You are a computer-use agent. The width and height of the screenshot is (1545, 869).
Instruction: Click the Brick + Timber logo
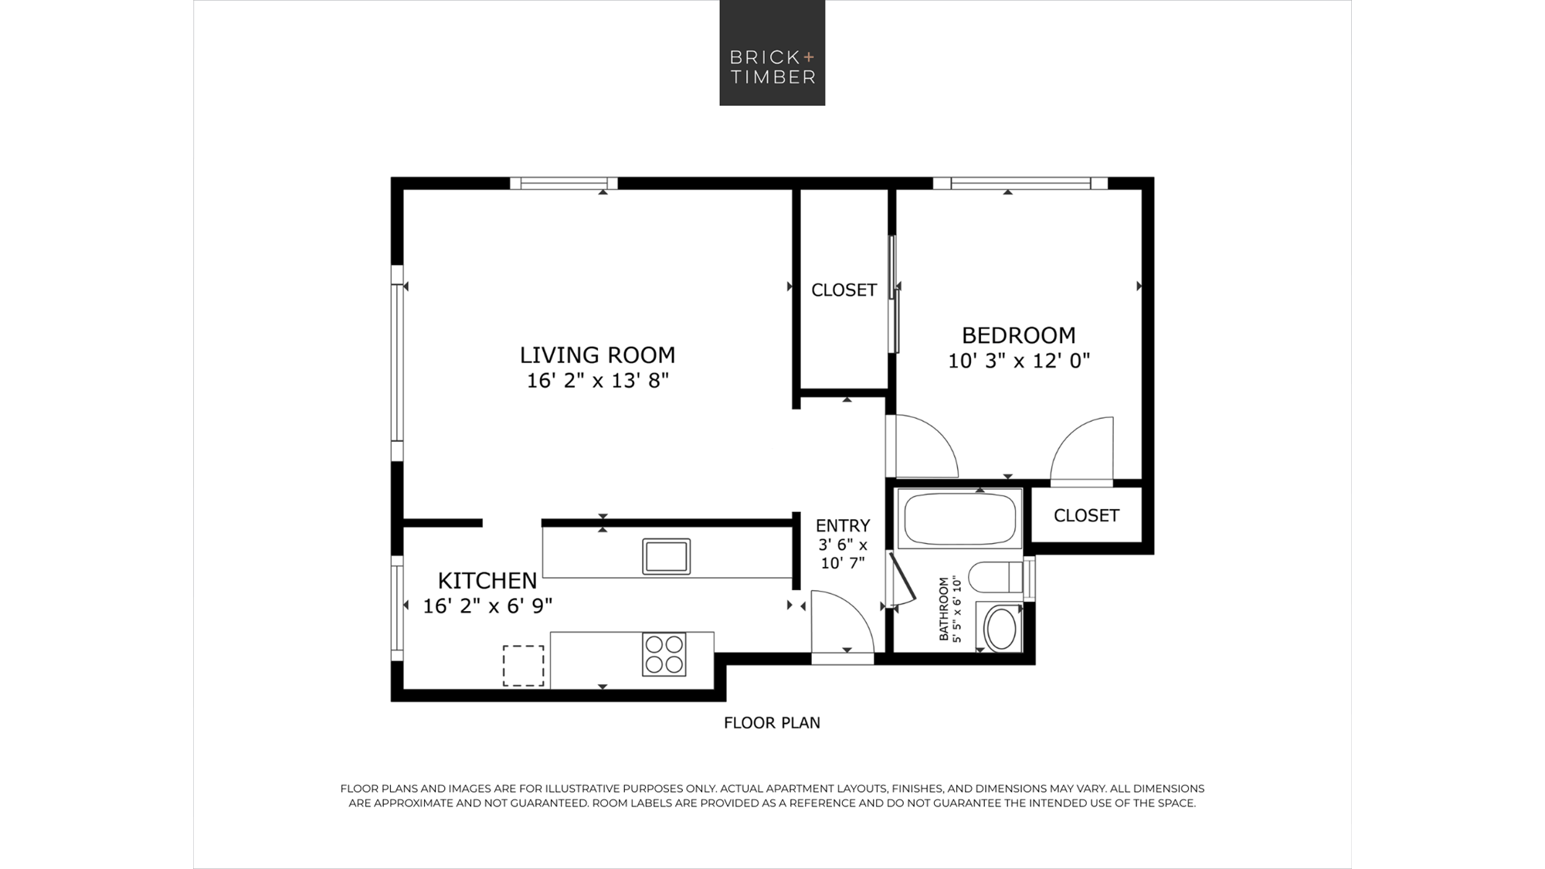tap(772, 53)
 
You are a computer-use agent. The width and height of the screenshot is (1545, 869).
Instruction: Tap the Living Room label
tap(597, 355)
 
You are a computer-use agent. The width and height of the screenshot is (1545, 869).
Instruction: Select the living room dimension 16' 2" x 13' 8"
tap(597, 381)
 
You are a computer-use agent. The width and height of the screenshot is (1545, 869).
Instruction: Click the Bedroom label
tap(1018, 335)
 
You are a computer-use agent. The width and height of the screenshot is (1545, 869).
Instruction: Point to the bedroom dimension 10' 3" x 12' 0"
tap(1018, 361)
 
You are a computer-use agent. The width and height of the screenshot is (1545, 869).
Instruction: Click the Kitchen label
tap(487, 580)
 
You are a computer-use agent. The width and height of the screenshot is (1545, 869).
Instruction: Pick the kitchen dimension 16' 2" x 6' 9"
tap(487, 606)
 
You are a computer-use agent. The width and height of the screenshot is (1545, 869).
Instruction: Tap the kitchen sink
tap(666, 556)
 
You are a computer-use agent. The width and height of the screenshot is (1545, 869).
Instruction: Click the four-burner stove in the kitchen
tap(664, 654)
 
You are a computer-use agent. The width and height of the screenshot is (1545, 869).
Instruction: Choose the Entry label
tap(842, 525)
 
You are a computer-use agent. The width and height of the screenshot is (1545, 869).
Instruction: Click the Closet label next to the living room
tap(844, 290)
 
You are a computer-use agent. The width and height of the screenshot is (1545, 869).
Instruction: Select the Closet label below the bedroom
tap(1086, 515)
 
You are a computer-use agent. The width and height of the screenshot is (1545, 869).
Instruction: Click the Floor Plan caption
tap(772, 723)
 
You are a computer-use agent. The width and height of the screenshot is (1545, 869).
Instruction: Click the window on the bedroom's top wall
tap(1020, 184)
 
